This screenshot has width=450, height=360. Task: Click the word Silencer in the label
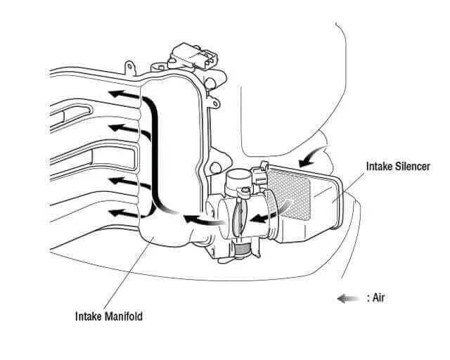pyautogui.click(x=411, y=167)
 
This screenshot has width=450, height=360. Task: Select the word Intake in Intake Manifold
pyautogui.click(x=89, y=316)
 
